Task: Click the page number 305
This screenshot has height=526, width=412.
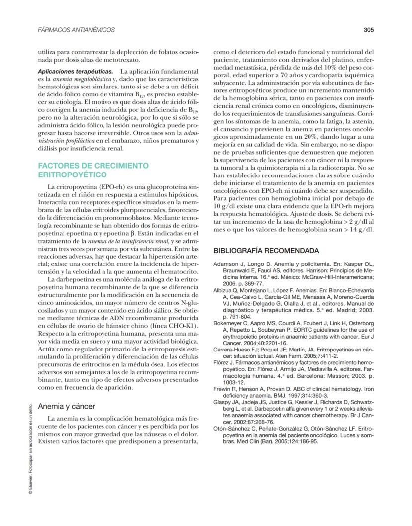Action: pos(368,30)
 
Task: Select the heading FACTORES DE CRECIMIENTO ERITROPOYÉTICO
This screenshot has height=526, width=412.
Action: pos(93,170)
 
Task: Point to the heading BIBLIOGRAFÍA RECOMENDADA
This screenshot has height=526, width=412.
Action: pos(266,251)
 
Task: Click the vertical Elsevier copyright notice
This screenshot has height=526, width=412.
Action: pos(31,447)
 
